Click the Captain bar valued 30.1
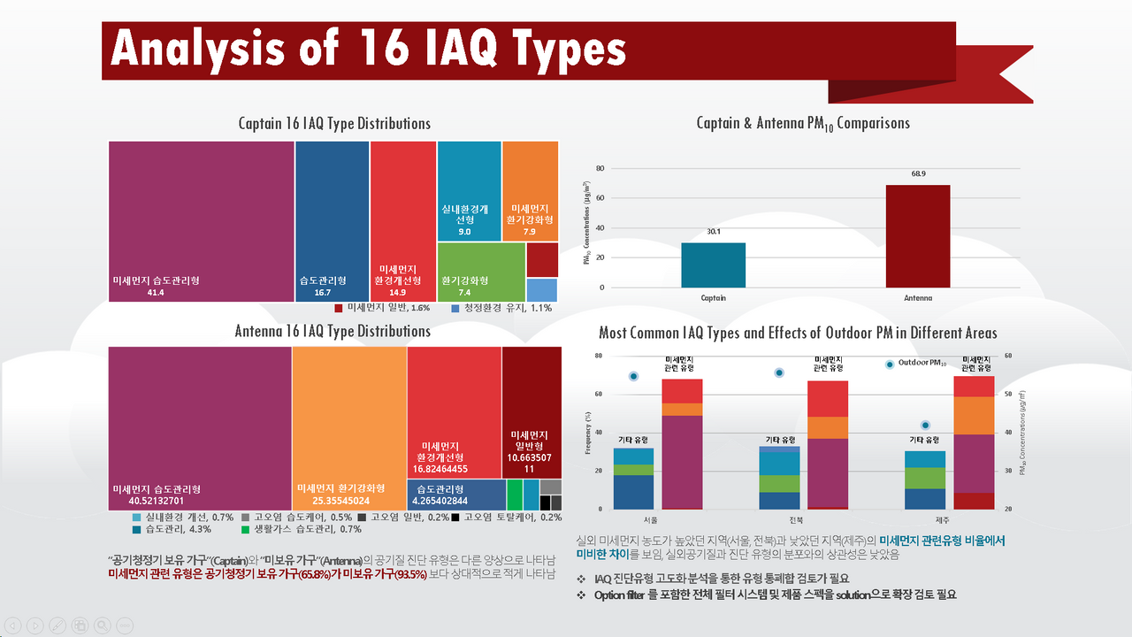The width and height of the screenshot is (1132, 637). coord(713,265)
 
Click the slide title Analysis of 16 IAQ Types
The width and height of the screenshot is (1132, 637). coord(368,49)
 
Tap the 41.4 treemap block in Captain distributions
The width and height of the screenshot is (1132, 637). coord(201,221)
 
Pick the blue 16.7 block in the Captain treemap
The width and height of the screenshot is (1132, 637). coord(332,221)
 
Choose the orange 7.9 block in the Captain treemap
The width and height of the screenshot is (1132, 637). coord(530,191)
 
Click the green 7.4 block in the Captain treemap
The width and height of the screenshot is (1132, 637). coord(481,272)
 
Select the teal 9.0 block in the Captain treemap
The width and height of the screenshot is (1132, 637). coord(469,191)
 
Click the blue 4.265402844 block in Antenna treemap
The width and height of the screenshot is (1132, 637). coord(456,494)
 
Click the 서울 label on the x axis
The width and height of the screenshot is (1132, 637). coord(649,518)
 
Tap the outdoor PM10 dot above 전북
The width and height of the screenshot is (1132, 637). coord(779,372)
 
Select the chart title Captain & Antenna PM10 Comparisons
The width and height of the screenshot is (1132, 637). coord(802,123)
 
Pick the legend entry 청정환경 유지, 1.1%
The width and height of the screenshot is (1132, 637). coord(501,309)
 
